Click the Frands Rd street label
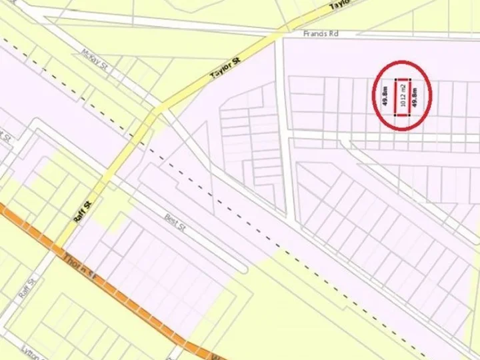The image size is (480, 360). tap(315, 33)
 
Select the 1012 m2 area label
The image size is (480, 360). tap(403, 97)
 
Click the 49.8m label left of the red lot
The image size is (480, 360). tap(385, 97)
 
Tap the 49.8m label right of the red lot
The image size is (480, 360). tap(415, 97)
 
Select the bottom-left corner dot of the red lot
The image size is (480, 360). tap(396, 115)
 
